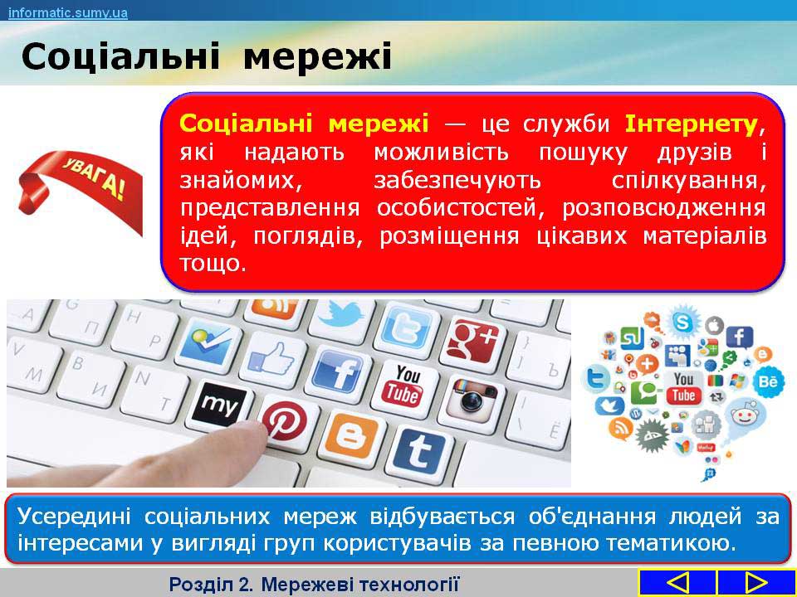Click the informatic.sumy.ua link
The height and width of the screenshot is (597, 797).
[x=68, y=12]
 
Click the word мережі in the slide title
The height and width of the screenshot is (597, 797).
[x=318, y=56]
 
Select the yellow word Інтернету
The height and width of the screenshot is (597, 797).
[x=692, y=124]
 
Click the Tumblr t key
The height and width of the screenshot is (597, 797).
[x=419, y=454]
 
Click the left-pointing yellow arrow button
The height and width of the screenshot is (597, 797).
[x=677, y=583]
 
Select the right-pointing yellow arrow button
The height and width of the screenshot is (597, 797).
[x=756, y=583]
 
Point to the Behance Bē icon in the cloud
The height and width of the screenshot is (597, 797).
[x=769, y=381]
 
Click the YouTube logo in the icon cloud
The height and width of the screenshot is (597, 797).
[x=683, y=387]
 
